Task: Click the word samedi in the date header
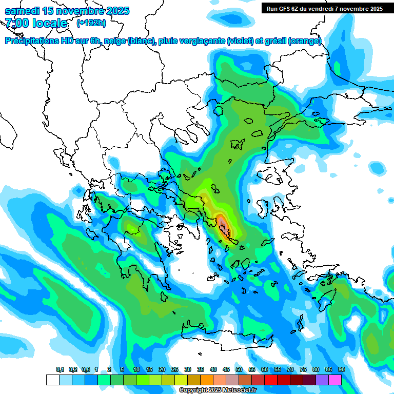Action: pyautogui.click(x=23, y=11)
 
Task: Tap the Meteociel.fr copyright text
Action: pyautogui.click(x=218, y=390)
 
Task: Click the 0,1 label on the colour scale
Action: pyautogui.click(x=60, y=369)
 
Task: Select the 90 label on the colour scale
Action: pyautogui.click(x=341, y=369)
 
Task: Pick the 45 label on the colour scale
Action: pyautogui.click(x=226, y=369)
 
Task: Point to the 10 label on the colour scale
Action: pyautogui.click(x=136, y=369)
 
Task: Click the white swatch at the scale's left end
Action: pyautogui.click(x=52, y=380)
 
